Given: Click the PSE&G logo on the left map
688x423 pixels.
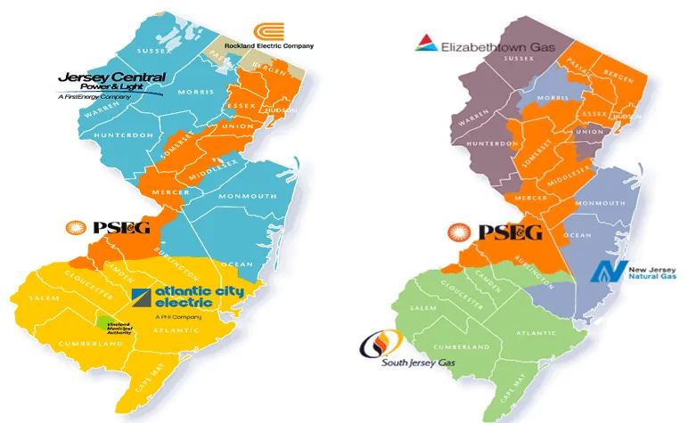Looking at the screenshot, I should click(109, 229).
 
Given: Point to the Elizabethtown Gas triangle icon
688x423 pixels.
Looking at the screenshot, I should click(426, 43).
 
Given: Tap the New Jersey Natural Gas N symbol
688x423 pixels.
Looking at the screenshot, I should click(609, 271).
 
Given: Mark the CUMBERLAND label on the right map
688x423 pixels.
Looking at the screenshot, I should click(460, 346).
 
